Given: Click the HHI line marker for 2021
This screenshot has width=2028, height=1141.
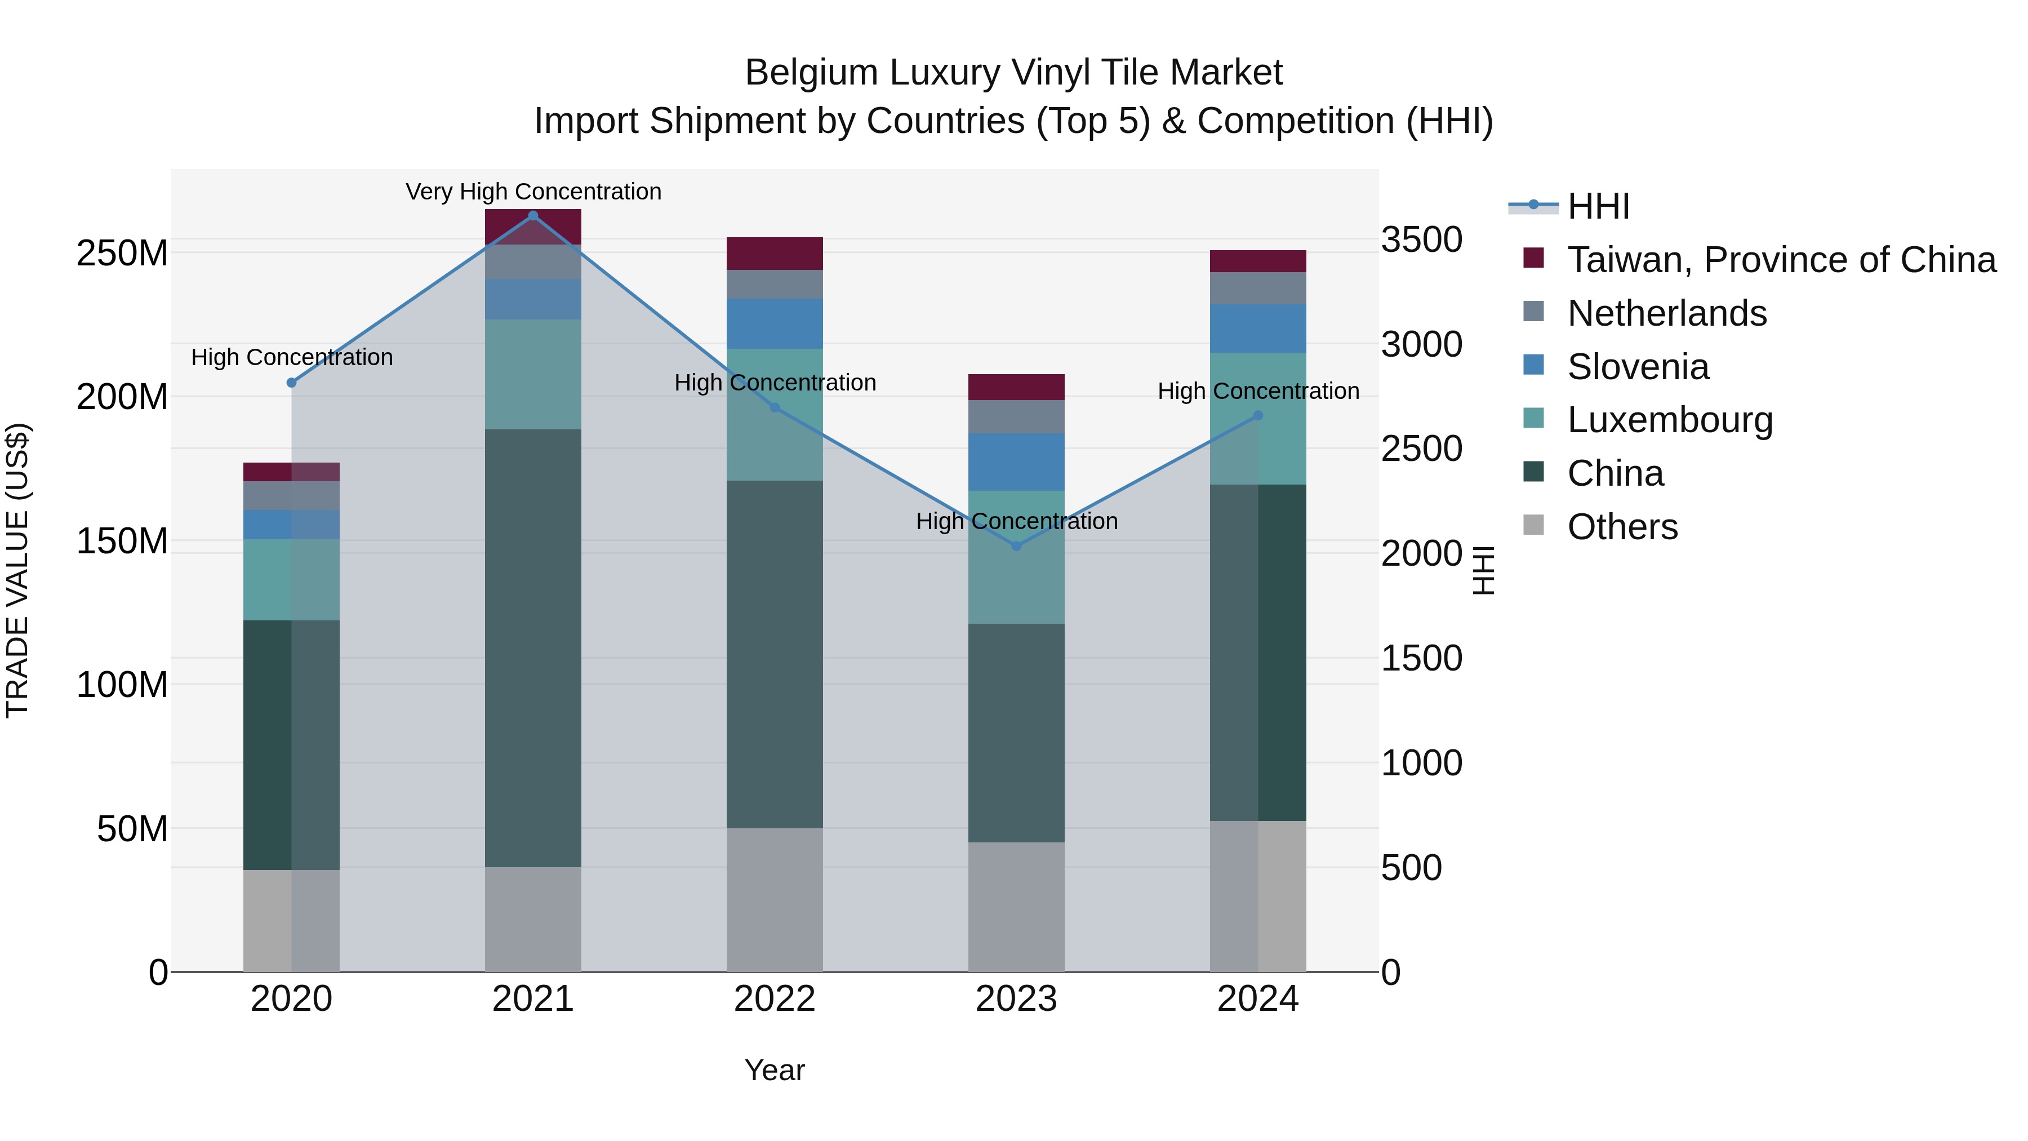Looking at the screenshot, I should point(533,216).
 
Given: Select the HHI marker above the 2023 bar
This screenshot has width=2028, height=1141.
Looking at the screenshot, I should point(1016,545).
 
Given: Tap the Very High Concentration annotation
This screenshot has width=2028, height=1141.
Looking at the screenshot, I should point(533,192).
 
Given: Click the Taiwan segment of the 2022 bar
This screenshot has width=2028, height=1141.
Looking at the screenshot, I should point(774,254).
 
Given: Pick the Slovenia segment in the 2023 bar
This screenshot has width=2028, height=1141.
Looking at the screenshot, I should point(1016,461).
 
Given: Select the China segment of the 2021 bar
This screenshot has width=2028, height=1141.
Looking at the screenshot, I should point(533,647).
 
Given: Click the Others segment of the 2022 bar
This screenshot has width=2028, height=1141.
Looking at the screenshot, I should point(774,899).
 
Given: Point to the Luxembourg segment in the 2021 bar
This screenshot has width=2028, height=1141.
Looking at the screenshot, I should point(533,374).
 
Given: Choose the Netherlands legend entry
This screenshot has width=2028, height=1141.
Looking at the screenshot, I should point(1667,313).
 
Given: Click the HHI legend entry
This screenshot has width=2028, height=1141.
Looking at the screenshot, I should point(1598,206).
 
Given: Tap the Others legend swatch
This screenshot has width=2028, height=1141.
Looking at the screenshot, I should point(1533,525).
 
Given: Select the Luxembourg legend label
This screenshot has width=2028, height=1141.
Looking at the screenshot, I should point(1670,420).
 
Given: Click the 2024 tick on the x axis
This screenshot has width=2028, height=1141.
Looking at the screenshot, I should point(1257,999).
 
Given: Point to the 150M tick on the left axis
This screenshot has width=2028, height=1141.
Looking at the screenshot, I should point(122,541).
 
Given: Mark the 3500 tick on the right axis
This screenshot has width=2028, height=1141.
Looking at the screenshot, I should point(1421,239).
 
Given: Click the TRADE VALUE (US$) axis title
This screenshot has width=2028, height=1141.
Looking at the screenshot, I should point(17,570).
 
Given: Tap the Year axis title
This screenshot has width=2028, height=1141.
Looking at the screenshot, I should point(774,1070).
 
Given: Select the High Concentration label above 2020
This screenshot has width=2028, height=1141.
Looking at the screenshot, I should point(291,357).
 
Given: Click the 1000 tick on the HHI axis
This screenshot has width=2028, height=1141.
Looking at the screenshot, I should point(1421,762).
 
